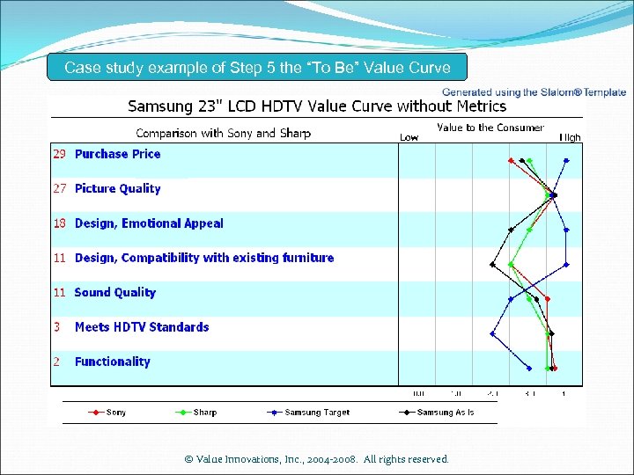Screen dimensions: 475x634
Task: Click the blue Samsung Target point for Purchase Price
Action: (x=566, y=160)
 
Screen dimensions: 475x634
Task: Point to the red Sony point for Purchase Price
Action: (x=511, y=160)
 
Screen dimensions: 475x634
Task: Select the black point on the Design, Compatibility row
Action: (x=492, y=264)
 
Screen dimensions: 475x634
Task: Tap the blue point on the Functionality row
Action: (x=529, y=368)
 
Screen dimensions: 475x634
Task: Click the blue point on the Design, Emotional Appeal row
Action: (x=566, y=230)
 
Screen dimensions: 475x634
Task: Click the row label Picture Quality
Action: (x=118, y=188)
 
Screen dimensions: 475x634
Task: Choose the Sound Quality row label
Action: (x=114, y=292)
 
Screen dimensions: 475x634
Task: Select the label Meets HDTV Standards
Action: (x=142, y=327)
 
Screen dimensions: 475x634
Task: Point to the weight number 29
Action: (x=60, y=154)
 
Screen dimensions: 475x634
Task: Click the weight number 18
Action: (x=60, y=223)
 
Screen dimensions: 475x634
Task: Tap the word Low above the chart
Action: (x=409, y=137)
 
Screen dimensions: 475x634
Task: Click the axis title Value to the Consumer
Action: (x=490, y=128)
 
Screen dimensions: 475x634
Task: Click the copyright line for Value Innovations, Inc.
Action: (x=317, y=459)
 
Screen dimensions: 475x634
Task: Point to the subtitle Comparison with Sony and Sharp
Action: (x=223, y=134)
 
